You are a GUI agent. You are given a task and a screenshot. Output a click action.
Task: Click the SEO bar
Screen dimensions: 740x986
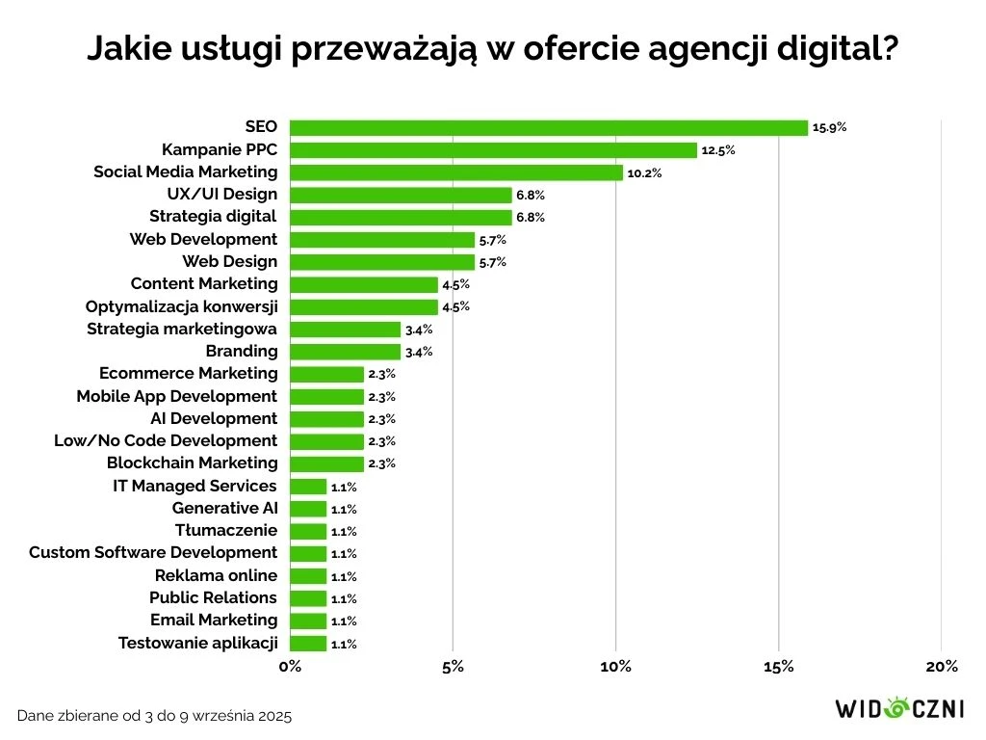548,128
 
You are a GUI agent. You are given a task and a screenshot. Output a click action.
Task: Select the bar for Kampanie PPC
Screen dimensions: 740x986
493,150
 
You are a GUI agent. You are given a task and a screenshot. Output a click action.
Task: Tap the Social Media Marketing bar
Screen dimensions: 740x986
455,172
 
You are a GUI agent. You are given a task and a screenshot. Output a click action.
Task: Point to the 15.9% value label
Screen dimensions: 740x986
829,127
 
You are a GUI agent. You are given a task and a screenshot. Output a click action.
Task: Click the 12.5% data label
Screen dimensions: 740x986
718,150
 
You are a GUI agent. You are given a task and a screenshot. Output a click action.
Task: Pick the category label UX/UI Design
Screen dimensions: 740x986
221,194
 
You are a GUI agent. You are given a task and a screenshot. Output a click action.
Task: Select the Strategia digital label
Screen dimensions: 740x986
213,216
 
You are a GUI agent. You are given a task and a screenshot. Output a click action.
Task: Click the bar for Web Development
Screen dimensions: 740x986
382,240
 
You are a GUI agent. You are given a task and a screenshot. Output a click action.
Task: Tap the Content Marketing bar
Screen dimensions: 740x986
364,285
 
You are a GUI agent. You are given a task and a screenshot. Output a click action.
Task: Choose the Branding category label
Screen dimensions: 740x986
241,351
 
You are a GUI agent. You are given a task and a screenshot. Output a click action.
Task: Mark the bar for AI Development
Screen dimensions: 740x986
326,419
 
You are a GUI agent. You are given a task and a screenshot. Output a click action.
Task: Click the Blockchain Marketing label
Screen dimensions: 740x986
192,462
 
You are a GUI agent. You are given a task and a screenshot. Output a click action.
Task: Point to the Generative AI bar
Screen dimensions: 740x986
308,509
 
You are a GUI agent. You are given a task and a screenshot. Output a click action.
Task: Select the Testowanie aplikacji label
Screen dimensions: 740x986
197,643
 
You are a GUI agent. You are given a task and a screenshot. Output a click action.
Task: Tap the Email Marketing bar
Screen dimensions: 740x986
308,621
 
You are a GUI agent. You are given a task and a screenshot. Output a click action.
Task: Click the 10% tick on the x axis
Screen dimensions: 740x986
615,667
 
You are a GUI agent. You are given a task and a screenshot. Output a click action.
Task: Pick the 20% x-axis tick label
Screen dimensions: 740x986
941,667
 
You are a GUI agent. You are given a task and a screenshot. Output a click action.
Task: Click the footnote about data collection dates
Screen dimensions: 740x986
154,716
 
